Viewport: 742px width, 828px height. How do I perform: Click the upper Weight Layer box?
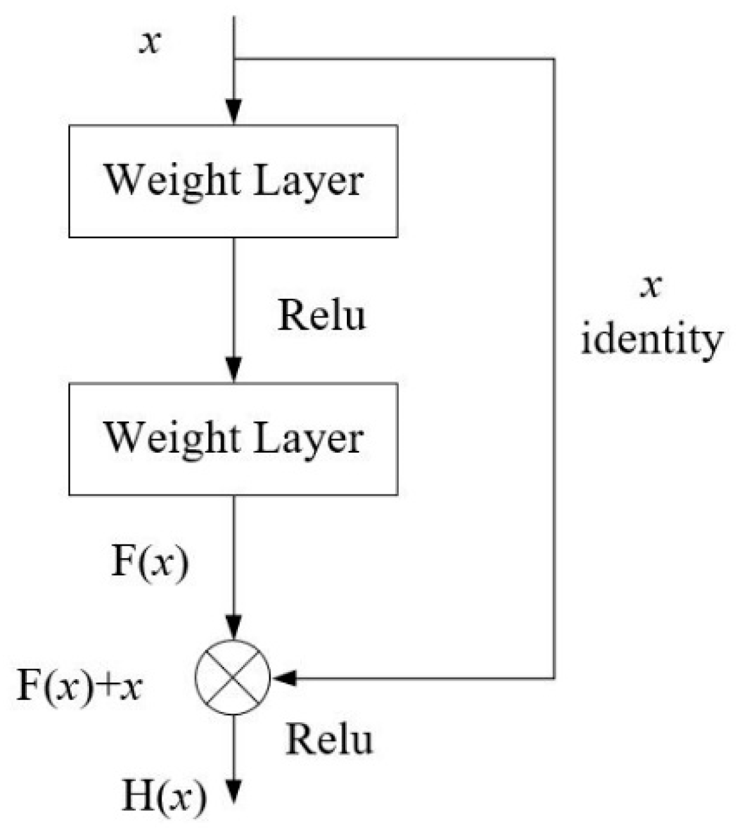(233, 181)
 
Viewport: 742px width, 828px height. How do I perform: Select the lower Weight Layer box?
(233, 439)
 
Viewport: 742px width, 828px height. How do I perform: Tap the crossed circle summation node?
(233, 677)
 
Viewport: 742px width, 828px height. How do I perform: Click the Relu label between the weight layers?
(321, 316)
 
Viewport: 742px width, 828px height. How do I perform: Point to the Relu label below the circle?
(329, 739)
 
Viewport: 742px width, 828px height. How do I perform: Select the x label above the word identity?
(650, 287)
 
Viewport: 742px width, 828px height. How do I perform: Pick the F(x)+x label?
(79, 687)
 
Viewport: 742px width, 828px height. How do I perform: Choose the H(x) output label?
(165, 797)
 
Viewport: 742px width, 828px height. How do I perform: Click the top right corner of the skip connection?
(553, 59)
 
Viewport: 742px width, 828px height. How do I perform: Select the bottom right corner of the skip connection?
(553, 677)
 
